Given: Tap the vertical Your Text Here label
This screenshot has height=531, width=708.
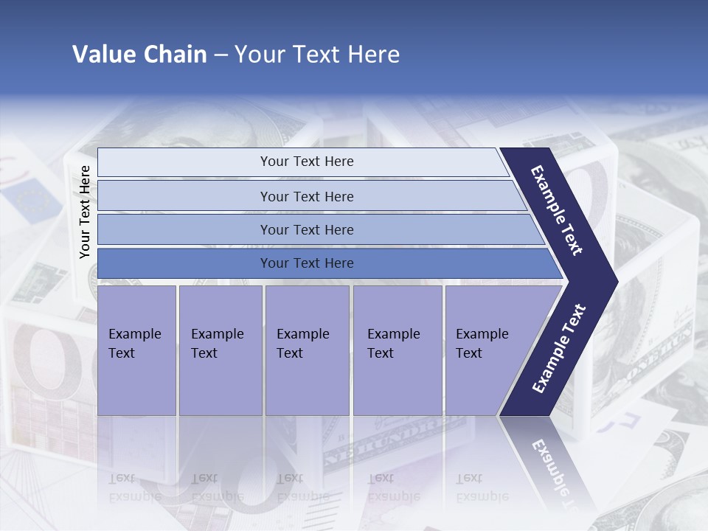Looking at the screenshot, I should tap(85, 212).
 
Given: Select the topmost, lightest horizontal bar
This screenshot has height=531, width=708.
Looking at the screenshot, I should tap(306, 162).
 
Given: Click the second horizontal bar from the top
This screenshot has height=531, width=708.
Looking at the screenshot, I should tap(306, 196).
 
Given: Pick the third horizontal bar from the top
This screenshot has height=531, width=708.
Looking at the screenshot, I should tap(306, 229).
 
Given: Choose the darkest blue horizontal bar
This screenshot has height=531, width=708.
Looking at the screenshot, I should tap(306, 263).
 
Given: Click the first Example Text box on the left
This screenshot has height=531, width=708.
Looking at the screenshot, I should tap(136, 350).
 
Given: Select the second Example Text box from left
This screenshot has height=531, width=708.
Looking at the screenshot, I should tap(220, 350).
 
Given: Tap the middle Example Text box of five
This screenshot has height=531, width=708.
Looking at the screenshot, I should tap(307, 350).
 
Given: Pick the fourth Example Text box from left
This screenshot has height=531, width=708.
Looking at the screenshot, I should tap(397, 350).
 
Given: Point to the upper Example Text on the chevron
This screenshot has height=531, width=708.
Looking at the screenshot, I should tap(557, 210).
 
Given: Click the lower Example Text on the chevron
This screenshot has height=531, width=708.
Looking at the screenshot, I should tap(559, 348).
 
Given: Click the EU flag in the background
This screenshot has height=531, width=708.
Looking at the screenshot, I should tap(32, 201).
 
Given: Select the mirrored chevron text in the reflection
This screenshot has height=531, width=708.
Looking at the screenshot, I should tap(553, 468).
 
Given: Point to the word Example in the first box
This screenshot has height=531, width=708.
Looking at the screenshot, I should tap(134, 334).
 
